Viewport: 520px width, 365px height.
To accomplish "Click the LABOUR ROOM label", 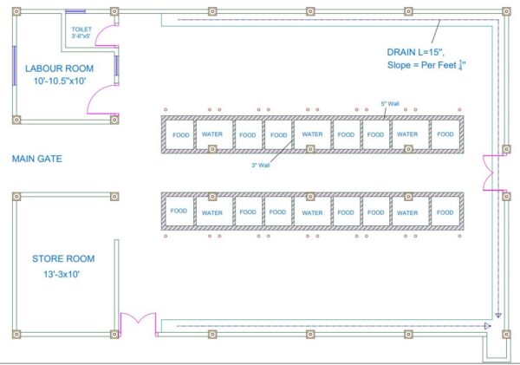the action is pos(59,68).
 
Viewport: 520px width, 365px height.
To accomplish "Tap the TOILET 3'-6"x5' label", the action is pos(81,33).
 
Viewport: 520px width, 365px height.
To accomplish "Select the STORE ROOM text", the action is pos(63,258).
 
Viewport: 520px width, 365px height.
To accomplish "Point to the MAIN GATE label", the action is pos(36,159).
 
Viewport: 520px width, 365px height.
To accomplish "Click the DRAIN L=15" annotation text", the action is pos(415,52).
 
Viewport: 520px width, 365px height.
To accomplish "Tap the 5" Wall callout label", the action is pos(390,103).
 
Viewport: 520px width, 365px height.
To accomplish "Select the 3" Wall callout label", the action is pos(261,165).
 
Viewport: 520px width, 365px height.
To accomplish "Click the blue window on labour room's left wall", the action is pos(15,65).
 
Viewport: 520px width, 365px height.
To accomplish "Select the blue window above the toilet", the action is pos(75,11).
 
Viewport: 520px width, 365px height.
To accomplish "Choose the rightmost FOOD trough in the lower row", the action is pos(445,212).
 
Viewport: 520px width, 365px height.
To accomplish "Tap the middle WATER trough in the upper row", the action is pos(312,134).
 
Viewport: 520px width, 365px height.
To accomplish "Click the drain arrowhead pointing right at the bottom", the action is pos(487,326).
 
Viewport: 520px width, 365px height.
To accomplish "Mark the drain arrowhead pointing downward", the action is pos(498,316).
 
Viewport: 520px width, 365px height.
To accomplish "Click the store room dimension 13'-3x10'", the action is pos(62,274).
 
